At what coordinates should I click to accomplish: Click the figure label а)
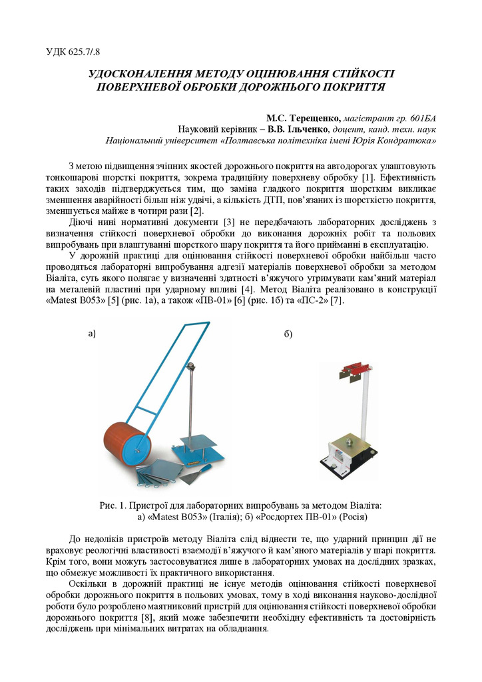(x=93, y=334)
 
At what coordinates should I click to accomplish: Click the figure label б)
(x=288, y=334)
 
